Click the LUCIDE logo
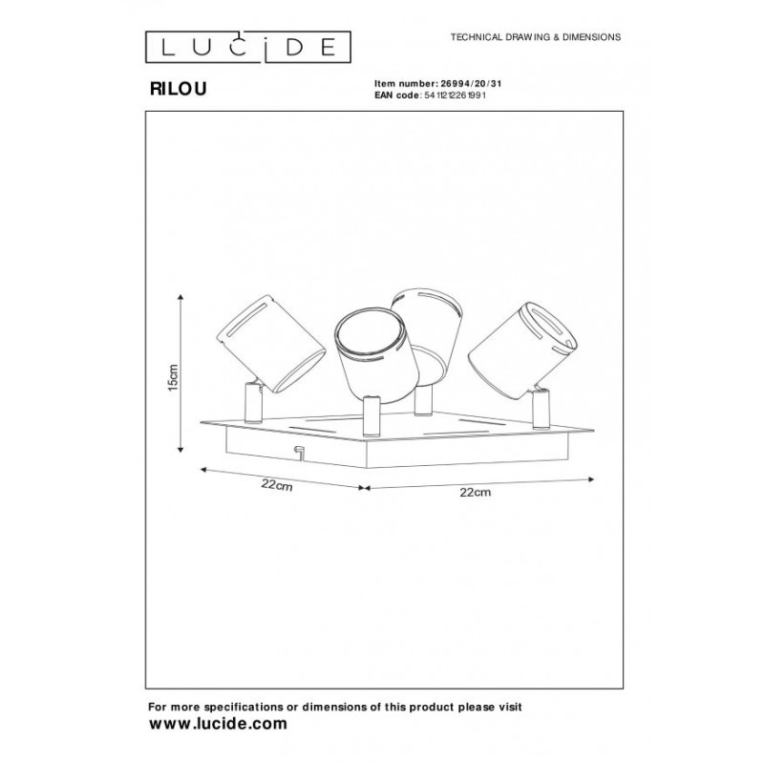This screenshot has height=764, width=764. (x=248, y=47)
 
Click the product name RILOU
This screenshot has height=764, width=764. (x=178, y=89)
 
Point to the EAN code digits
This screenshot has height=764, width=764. (x=456, y=95)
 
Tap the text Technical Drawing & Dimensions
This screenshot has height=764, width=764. (x=536, y=37)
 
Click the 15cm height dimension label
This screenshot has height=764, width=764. (x=173, y=377)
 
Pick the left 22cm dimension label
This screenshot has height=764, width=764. (x=277, y=485)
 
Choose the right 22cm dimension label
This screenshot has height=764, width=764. (x=475, y=492)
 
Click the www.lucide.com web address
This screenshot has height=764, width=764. (x=218, y=724)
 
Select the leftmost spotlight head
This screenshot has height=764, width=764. (x=270, y=343)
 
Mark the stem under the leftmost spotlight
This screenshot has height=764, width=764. (x=253, y=402)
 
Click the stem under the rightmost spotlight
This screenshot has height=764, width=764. (x=541, y=410)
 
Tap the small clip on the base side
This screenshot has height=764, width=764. (x=298, y=452)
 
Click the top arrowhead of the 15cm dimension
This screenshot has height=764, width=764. (x=180, y=297)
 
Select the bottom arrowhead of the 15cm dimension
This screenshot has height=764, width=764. (x=180, y=449)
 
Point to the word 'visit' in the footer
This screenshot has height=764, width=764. (x=509, y=707)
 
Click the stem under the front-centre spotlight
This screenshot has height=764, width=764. (x=371, y=416)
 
